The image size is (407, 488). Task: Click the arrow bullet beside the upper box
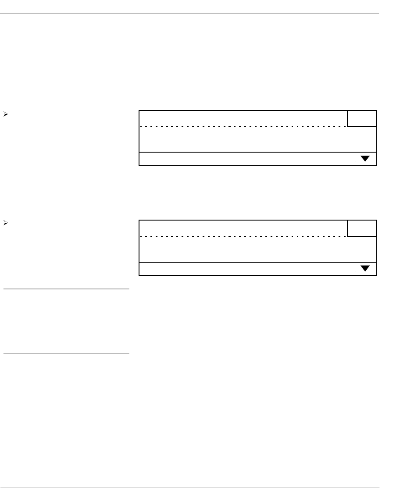click(5, 114)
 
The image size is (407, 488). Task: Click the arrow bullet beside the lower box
click(5, 224)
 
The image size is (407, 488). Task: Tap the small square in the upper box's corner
click(362, 118)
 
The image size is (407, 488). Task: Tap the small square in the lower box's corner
click(362, 228)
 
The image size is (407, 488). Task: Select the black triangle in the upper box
click(365, 159)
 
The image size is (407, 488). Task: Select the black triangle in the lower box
click(365, 268)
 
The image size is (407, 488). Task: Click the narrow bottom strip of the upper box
click(246, 159)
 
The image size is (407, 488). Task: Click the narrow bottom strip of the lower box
click(246, 268)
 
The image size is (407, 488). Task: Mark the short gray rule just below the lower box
click(66, 289)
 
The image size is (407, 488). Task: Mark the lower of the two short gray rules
click(66, 353)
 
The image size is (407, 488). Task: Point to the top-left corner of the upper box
click(139, 111)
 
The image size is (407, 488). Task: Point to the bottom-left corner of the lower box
click(139, 275)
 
